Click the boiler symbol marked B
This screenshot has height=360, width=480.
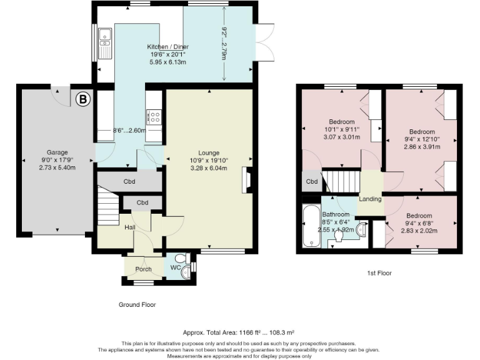click(82, 98)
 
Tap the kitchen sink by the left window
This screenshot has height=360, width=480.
click(104, 42)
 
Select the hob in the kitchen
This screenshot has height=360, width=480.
click(154, 116)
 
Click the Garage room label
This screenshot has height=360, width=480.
click(57, 152)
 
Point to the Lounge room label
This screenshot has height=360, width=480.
click(208, 152)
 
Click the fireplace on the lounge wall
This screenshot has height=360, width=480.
click(248, 179)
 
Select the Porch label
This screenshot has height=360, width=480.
click(135, 269)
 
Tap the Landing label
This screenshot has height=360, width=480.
click(371, 199)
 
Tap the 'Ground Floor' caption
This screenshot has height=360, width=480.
click(137, 305)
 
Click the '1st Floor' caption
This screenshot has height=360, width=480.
click(379, 273)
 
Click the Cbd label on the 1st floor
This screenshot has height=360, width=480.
click(311, 182)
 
